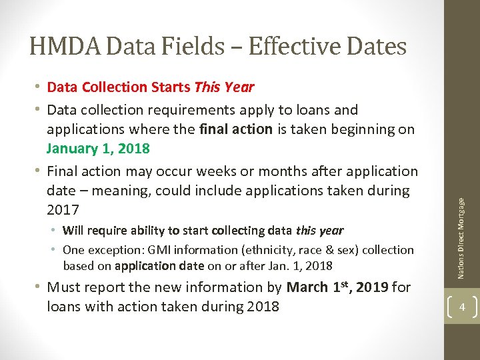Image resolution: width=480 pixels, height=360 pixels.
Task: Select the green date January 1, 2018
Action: [x=98, y=148]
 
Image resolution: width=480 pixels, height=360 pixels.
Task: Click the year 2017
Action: [x=63, y=209]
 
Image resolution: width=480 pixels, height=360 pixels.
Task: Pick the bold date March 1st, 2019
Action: [x=337, y=287]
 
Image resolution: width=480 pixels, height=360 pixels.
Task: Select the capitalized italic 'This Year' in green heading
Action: [x=224, y=87]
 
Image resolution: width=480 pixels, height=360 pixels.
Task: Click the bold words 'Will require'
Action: [x=93, y=231]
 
